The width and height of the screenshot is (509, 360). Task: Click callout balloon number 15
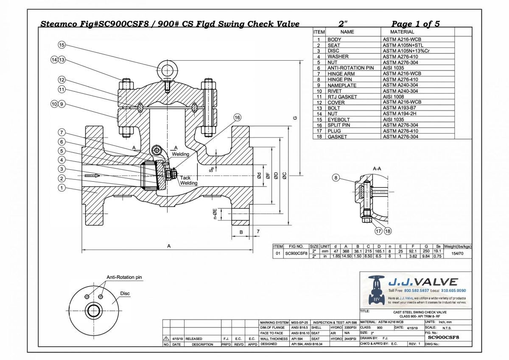[x=62, y=45]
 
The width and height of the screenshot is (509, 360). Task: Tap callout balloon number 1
[x=62, y=187]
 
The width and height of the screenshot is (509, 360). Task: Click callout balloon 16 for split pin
[x=237, y=117]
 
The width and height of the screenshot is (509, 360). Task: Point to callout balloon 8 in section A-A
[x=336, y=178]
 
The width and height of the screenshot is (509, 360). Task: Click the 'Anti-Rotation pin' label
[x=124, y=277]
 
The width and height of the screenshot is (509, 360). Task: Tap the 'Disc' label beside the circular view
[x=125, y=293]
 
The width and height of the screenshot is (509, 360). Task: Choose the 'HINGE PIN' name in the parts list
[x=341, y=79]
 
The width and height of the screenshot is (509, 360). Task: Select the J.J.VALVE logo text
[x=423, y=282]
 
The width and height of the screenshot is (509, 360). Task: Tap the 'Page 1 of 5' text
[x=415, y=24]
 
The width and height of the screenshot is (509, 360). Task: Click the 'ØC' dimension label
[x=285, y=176]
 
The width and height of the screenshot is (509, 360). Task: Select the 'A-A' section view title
[x=377, y=169]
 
